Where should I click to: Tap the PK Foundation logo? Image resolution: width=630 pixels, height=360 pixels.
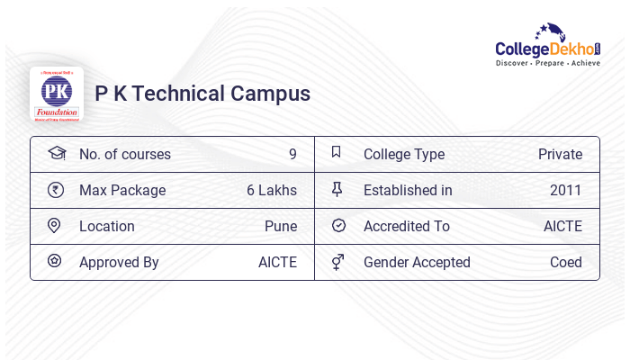tap(57, 94)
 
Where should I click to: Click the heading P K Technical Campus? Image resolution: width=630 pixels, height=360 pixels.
tap(202, 94)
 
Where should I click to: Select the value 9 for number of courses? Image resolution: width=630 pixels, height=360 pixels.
tap(292, 154)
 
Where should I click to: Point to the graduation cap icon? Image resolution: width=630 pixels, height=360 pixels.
tap(56, 153)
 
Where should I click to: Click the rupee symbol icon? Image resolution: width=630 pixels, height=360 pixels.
tap(56, 190)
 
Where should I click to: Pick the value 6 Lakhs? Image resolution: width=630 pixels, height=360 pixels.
tap(272, 190)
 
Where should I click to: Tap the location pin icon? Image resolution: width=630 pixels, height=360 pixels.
tap(54, 226)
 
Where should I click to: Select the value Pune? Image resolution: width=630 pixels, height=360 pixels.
tap(281, 226)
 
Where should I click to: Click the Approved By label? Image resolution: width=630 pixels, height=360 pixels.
tap(119, 262)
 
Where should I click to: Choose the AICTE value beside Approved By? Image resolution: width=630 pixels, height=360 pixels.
tap(277, 262)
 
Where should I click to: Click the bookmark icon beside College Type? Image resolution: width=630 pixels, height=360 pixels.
tap(337, 153)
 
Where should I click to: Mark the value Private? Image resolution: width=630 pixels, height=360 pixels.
tap(560, 154)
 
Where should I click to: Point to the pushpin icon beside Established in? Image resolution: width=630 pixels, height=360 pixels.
tap(337, 190)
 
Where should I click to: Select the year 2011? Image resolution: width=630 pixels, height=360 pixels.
tap(566, 190)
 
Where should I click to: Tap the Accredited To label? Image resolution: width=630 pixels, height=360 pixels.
tap(407, 226)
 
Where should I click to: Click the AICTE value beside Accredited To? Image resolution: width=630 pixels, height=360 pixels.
tap(562, 226)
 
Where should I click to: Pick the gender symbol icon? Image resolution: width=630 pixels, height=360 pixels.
tap(337, 262)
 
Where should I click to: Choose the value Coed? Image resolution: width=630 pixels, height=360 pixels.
tap(566, 262)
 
